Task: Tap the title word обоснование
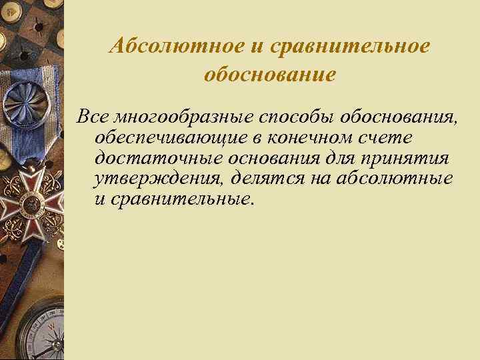click(x=269, y=74)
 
